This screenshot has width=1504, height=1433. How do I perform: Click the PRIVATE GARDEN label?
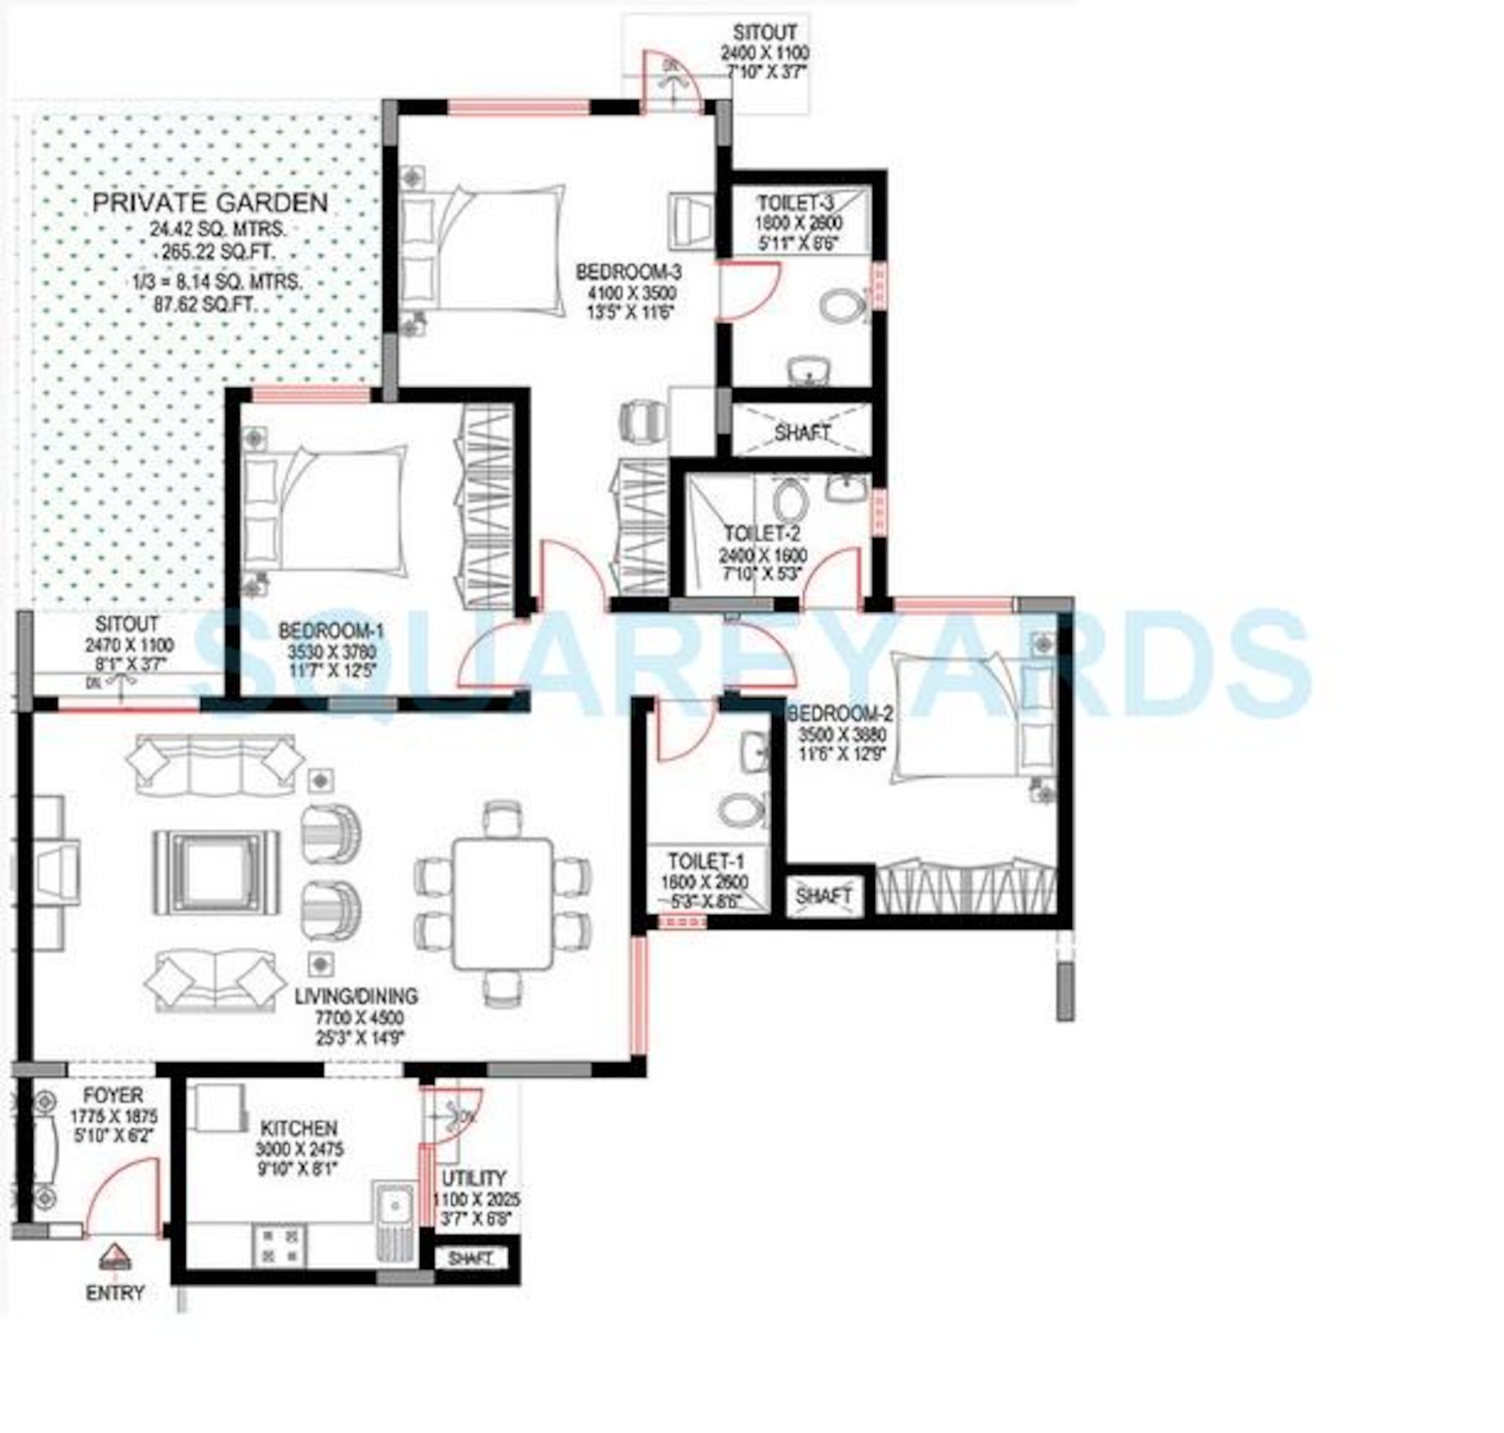(210, 203)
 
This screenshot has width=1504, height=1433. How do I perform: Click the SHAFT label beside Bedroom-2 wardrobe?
(823, 895)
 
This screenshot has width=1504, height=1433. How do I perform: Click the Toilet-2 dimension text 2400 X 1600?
(763, 556)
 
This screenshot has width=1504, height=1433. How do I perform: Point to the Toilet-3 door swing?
(748, 290)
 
